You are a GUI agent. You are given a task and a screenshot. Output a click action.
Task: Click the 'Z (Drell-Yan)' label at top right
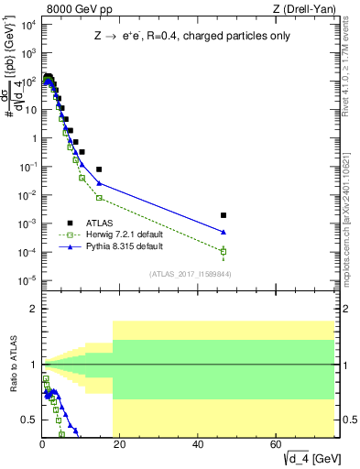click(x=308, y=9)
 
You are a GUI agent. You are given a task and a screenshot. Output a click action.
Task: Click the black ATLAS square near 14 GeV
click(x=99, y=169)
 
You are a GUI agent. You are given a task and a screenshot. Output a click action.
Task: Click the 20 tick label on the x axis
click(x=120, y=443)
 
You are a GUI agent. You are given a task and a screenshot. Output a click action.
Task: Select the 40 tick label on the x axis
click(x=199, y=443)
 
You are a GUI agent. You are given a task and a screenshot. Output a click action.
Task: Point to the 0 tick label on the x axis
click(x=42, y=443)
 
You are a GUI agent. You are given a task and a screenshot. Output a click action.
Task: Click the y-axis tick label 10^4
click(x=27, y=25)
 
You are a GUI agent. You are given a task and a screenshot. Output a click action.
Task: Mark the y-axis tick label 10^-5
click(x=27, y=280)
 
